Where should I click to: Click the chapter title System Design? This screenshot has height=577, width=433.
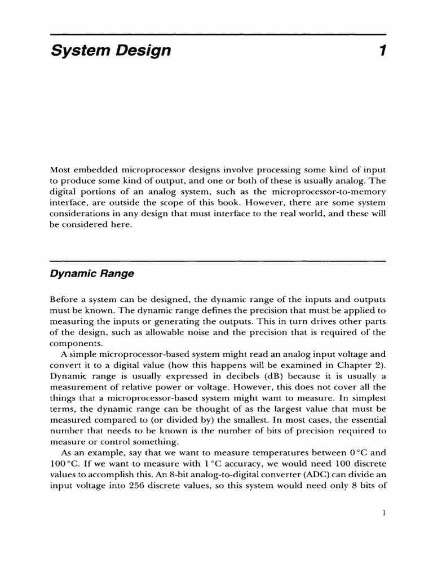pos(111,51)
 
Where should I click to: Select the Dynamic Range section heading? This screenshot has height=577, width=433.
pos(92,274)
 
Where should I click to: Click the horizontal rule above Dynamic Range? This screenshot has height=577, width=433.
pos(218,261)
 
